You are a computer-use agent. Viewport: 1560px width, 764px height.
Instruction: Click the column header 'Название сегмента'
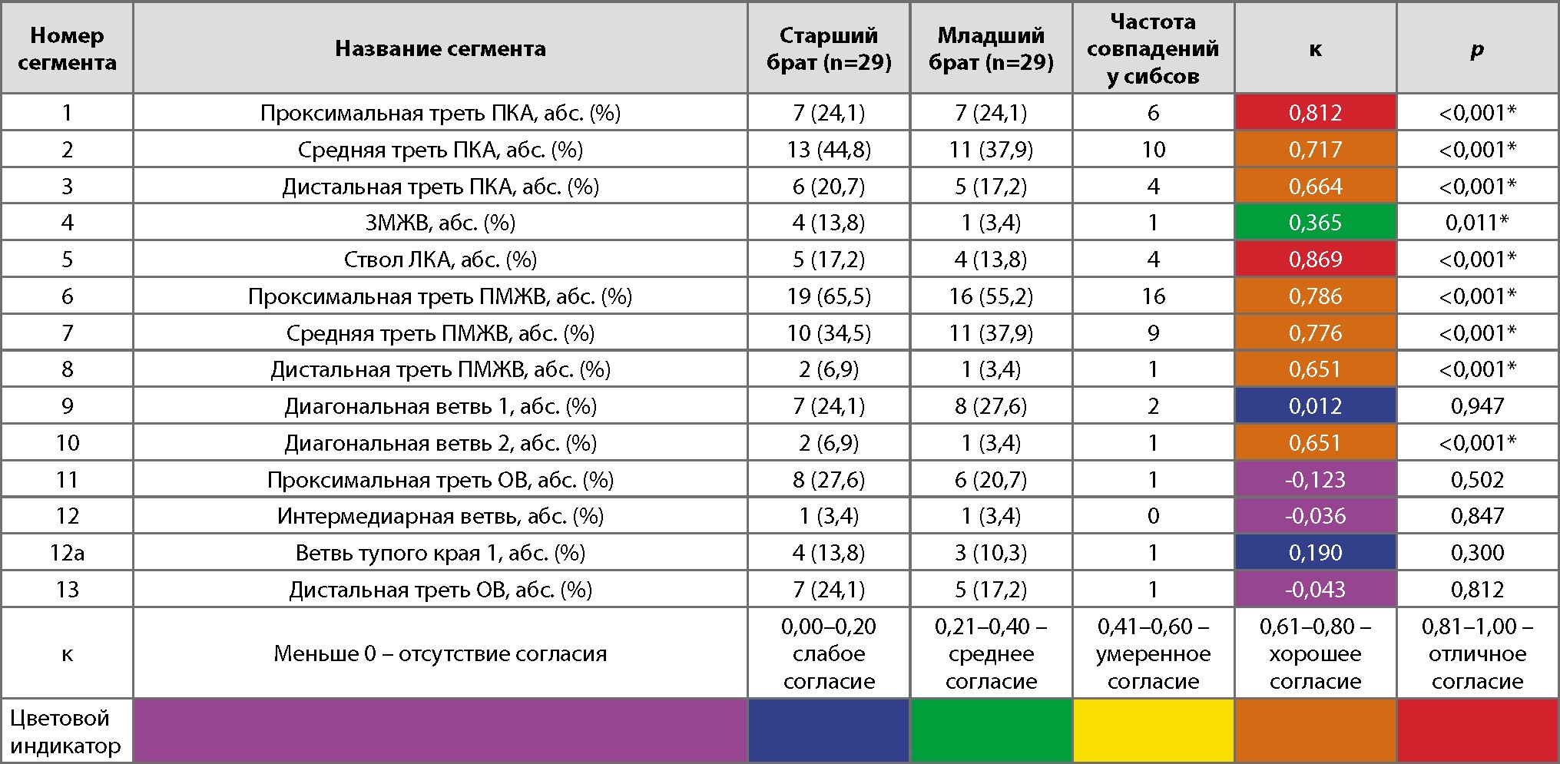tap(440, 48)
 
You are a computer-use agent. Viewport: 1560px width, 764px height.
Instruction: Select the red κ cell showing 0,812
tap(1315, 113)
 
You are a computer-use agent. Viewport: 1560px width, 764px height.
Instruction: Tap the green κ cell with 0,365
tap(1315, 223)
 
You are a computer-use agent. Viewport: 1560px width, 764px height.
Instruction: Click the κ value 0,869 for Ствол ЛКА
tap(1315, 260)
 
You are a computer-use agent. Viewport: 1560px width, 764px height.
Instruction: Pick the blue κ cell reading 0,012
tap(1315, 406)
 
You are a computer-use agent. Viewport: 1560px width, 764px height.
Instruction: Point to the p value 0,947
tap(1477, 406)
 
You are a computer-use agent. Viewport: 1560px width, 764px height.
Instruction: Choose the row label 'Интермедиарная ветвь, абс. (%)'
tap(440, 516)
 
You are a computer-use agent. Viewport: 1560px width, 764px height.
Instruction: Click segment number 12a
tap(67, 553)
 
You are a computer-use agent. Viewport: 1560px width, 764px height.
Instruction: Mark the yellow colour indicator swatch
tap(1153, 731)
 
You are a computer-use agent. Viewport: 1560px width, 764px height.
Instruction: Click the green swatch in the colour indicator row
tap(991, 731)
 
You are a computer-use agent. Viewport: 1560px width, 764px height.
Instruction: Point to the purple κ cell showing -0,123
tap(1315, 480)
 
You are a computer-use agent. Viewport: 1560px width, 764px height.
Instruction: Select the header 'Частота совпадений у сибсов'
tap(1153, 48)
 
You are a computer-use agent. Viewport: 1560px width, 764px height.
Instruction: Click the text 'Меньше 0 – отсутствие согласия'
tap(440, 653)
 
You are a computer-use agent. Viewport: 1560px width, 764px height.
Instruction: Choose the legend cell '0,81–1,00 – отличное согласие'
tap(1477, 653)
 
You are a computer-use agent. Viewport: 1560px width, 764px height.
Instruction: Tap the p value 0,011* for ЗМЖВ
tap(1477, 223)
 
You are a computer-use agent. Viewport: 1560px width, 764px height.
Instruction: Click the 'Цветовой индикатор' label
tap(65, 732)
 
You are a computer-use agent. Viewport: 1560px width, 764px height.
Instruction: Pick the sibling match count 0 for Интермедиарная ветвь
tap(1153, 516)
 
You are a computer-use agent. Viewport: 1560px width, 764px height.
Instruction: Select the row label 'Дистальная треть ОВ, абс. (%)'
tap(440, 590)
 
